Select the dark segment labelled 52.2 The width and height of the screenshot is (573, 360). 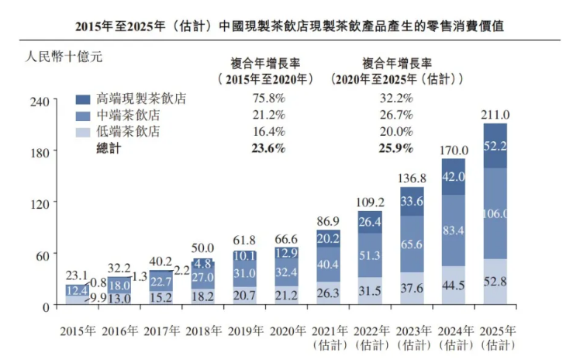495,146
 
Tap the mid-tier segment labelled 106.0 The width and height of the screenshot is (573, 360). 495,214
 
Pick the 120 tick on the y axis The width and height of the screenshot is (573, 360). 40,202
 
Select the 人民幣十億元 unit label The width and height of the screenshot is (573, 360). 64,57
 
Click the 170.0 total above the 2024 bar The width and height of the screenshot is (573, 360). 454,151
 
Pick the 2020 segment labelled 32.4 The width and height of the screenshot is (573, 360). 285,272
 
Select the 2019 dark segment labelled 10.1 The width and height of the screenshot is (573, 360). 243,256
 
